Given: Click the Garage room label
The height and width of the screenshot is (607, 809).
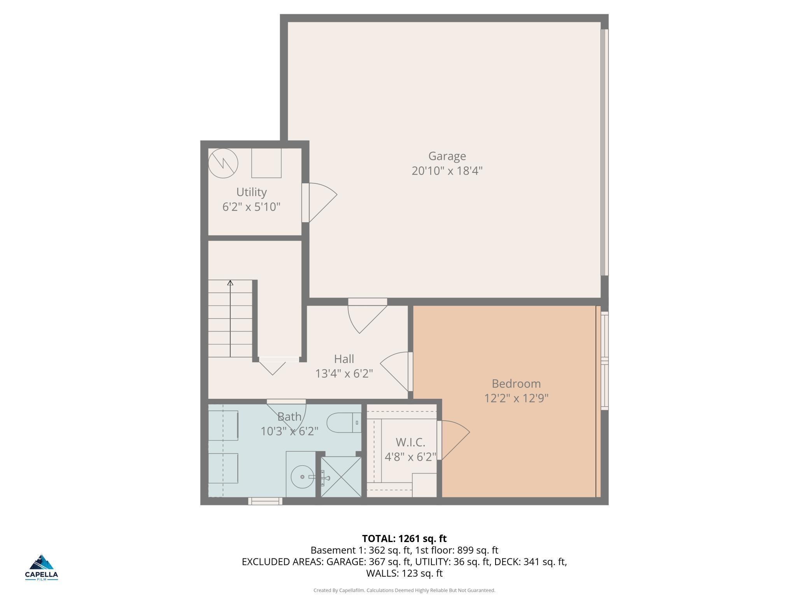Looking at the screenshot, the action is point(447,156).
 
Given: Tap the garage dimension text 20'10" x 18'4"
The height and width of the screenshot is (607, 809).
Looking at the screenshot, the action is point(447,171).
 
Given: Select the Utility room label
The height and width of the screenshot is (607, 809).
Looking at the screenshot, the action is point(251,192).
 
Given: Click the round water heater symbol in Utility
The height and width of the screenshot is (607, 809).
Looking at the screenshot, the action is point(223,163).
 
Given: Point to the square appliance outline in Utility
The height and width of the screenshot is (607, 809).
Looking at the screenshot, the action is point(266,163).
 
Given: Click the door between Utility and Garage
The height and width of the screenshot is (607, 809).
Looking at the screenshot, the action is point(319,202).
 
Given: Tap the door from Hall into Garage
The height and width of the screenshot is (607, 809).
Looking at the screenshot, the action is point(368,316).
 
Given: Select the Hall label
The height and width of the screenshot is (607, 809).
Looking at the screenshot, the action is point(344,359).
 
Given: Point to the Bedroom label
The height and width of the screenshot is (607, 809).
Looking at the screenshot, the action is point(516,384).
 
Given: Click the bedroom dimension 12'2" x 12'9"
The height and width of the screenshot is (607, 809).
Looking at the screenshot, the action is point(516,398).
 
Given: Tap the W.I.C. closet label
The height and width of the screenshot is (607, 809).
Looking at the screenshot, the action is point(410,442).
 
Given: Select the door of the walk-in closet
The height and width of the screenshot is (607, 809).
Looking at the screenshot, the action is point(453,440).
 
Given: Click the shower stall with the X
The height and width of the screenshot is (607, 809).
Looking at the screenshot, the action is point(341,477).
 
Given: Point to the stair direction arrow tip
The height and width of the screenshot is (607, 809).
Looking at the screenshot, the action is point(230,281).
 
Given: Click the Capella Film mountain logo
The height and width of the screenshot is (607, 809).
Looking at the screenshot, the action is point(42,562).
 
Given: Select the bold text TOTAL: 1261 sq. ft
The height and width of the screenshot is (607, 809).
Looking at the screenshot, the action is point(404,539).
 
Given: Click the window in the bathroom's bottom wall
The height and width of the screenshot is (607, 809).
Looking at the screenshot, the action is point(266,501).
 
